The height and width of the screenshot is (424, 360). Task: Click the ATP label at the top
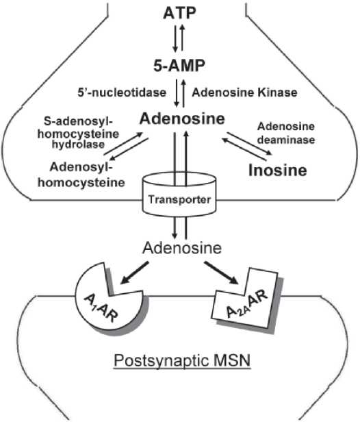coord(179,12)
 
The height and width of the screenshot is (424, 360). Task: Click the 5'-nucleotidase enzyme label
coord(125,91)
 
